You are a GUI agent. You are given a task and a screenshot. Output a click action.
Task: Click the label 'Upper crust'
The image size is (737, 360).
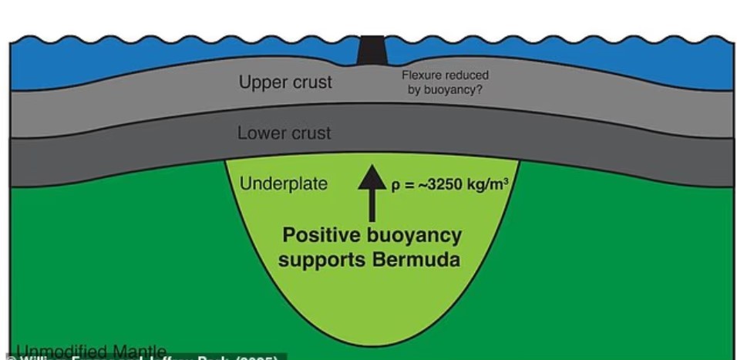pyautogui.click(x=285, y=82)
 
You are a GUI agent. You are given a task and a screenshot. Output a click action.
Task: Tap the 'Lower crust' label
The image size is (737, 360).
pyautogui.click(x=284, y=133)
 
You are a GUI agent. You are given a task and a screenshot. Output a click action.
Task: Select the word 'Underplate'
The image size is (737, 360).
pyautogui.click(x=284, y=184)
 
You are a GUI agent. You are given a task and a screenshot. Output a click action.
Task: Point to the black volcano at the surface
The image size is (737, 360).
pyautogui.click(x=372, y=51)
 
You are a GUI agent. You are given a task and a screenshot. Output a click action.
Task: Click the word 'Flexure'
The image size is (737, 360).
pyautogui.click(x=421, y=76)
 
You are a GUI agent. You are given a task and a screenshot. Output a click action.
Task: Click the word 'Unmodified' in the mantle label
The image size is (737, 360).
pyautogui.click(x=63, y=352)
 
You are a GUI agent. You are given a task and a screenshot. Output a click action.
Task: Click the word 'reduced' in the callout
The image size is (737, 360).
pyautogui.click(x=467, y=76)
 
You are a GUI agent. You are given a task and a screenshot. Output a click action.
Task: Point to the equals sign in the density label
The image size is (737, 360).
pyautogui.click(x=407, y=186)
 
